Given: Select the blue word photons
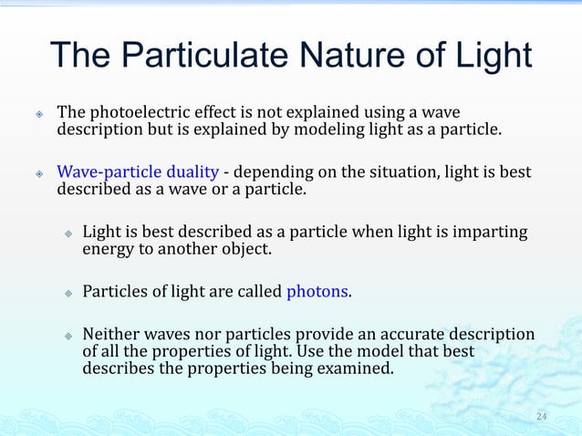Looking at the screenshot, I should pos(317,292).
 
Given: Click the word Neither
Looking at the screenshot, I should pos(113,335).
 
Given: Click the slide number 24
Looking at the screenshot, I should pos(542,417).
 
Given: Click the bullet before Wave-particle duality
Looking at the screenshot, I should pos(39,173).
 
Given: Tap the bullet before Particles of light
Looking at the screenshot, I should pos(68,293).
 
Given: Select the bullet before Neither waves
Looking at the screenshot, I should pos(68,336).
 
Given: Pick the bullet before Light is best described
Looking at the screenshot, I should pos(68,234).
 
